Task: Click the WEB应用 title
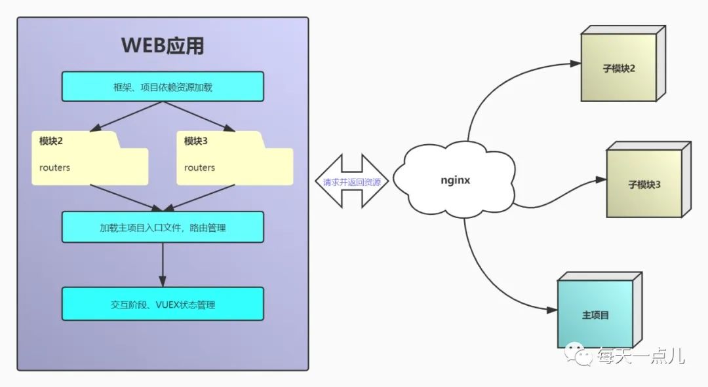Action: click(x=163, y=46)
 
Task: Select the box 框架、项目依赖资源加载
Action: click(x=163, y=86)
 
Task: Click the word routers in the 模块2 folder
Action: click(x=54, y=168)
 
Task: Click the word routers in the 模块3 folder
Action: click(x=199, y=168)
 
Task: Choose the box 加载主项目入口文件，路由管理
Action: click(x=163, y=227)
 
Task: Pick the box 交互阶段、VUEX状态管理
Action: click(x=163, y=304)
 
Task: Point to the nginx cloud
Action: click(x=454, y=179)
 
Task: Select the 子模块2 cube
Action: click(x=619, y=67)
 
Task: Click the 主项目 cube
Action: click(x=595, y=314)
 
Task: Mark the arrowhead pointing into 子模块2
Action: click(x=575, y=64)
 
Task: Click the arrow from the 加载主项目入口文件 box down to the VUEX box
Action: click(x=163, y=265)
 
